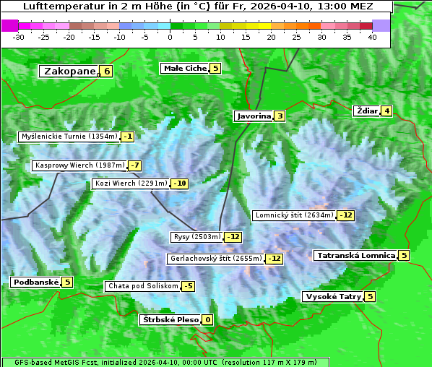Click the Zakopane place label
point(69,71)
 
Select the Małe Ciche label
point(185,69)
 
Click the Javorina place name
point(254,116)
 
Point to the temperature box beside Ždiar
point(387,111)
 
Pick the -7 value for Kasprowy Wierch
point(135,165)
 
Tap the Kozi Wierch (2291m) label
point(131,183)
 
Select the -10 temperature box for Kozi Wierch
point(179,183)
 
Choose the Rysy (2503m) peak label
point(196,237)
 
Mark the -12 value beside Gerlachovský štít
point(275,258)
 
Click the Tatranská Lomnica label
point(355,255)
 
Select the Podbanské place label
point(35,282)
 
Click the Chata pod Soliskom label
point(142,286)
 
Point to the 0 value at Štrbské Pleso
point(207,319)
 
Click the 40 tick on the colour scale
point(372,37)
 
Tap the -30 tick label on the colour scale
point(20,37)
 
